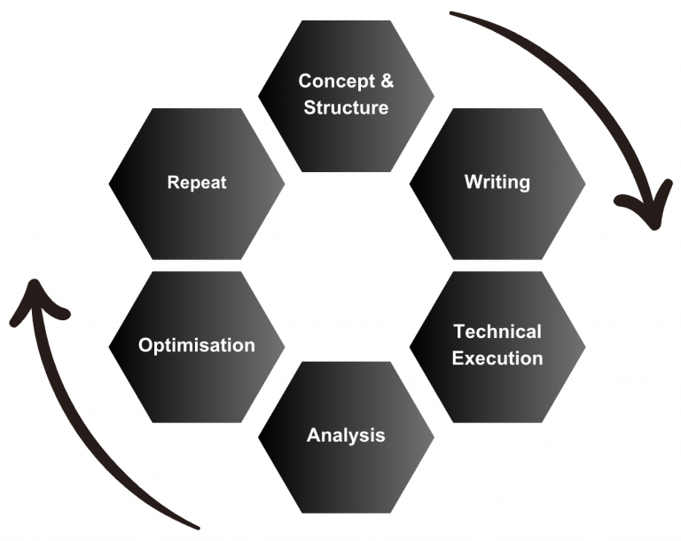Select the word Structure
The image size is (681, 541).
coord(346,108)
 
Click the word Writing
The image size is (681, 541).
coord(497,183)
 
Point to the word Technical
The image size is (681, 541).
coord(497,332)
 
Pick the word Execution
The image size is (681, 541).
coord(497,358)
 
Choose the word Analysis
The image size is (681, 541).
coord(346,435)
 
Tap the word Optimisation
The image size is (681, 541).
coord(196,346)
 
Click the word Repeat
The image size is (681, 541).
coord(196,184)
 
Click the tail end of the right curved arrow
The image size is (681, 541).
coord(454,13)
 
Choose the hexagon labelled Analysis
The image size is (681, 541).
coord(346,470)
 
